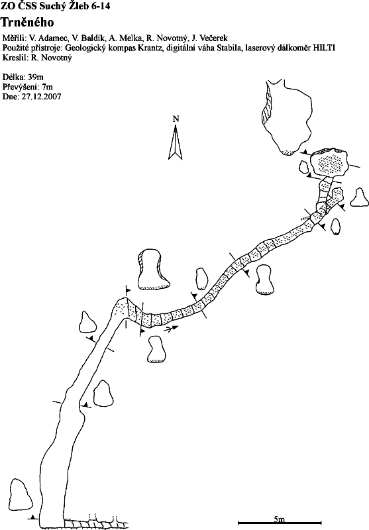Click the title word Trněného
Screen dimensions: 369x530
(x=27, y=23)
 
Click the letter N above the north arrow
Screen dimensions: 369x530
(x=176, y=119)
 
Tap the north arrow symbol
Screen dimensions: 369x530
(x=176, y=142)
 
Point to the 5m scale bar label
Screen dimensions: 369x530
(x=280, y=519)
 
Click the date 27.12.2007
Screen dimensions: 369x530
(x=42, y=97)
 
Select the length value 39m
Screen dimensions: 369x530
(x=36, y=77)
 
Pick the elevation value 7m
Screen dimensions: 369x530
(x=47, y=87)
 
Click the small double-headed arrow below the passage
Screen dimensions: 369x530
(x=172, y=328)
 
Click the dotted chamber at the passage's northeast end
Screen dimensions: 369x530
(x=329, y=163)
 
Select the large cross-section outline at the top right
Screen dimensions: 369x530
(x=287, y=117)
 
